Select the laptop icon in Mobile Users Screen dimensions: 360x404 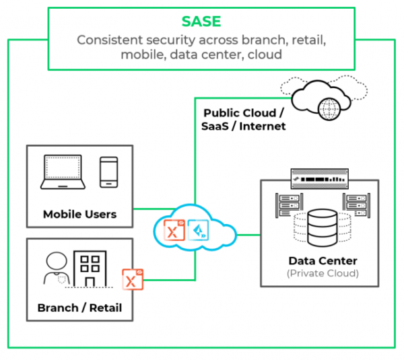click(63, 172)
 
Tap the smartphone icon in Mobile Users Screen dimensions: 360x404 click(109, 172)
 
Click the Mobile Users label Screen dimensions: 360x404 click(79, 215)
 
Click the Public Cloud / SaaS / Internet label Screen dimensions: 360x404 click(244, 119)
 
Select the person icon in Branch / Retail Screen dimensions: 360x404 click(55, 271)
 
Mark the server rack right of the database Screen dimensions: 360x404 click(355, 204)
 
